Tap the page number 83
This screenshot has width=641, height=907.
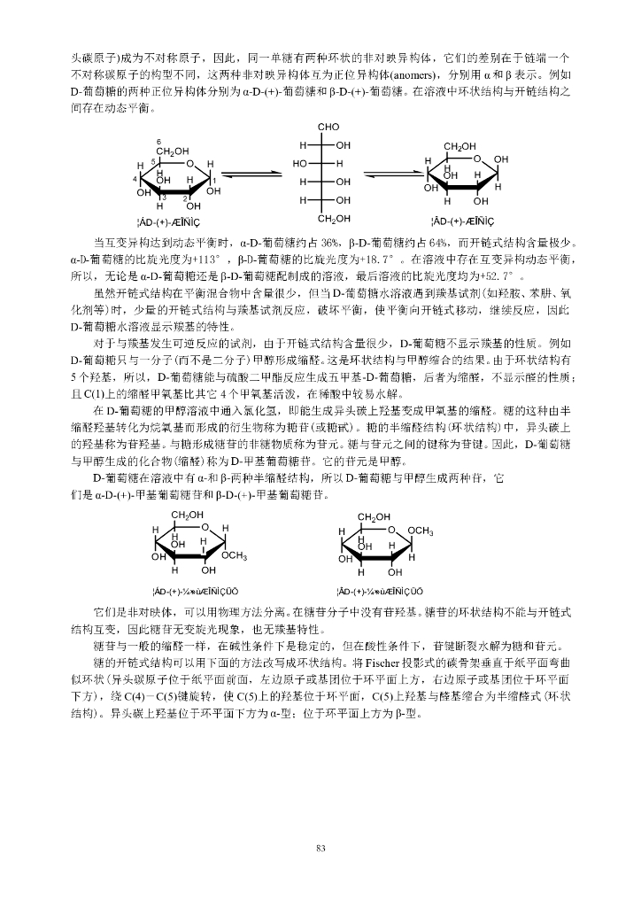pos(320,849)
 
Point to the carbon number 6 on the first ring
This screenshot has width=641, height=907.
pos(158,143)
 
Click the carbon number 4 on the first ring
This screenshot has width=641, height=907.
pos(134,179)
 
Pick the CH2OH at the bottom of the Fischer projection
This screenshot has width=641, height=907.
pos(334,218)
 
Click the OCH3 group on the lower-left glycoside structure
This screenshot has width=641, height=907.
pos(234,555)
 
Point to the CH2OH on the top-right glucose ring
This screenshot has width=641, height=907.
pos(460,146)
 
